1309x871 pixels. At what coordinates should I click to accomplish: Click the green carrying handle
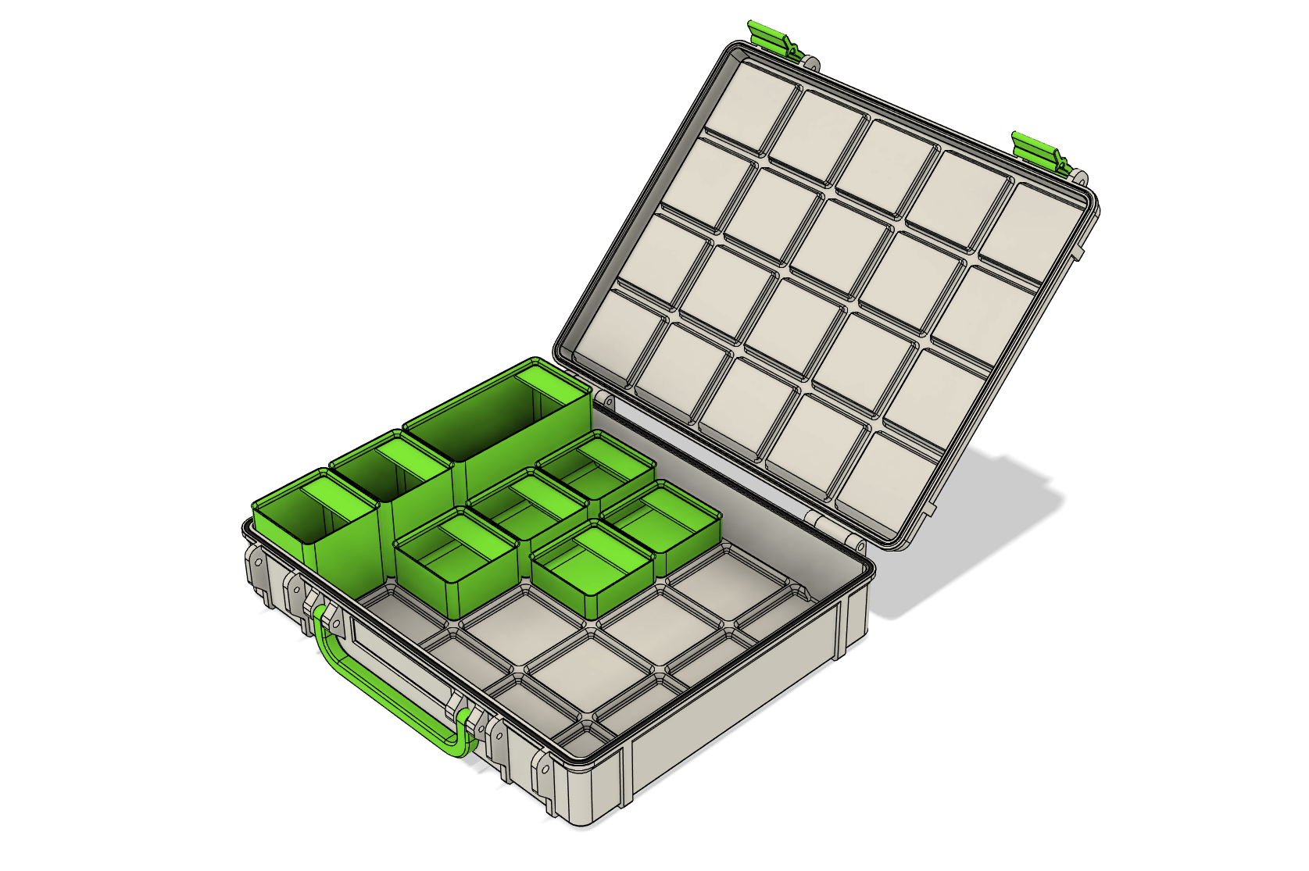(367, 687)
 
